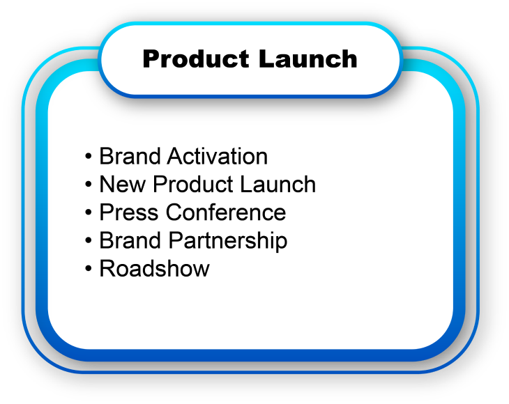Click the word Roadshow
[154, 269]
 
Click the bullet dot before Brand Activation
[89, 157]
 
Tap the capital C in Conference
[176, 212]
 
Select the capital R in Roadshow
[107, 269]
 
